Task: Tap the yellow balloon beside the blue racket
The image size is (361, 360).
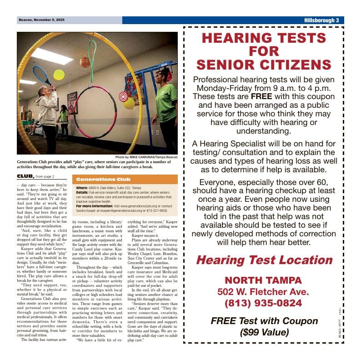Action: [59, 74]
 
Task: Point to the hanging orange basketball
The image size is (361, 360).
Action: [85, 62]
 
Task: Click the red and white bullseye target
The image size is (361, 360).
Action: [123, 96]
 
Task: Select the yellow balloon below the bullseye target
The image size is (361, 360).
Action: [129, 104]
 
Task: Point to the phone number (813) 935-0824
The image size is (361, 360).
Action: [263, 303]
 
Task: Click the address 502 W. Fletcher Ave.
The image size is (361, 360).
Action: [263, 292]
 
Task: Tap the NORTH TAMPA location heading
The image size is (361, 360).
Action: [263, 280]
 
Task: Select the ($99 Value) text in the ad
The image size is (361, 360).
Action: [264, 332]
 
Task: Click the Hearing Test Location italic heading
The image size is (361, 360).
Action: [264, 260]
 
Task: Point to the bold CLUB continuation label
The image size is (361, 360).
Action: [25, 176]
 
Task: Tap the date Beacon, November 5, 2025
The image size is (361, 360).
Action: [42, 20]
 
